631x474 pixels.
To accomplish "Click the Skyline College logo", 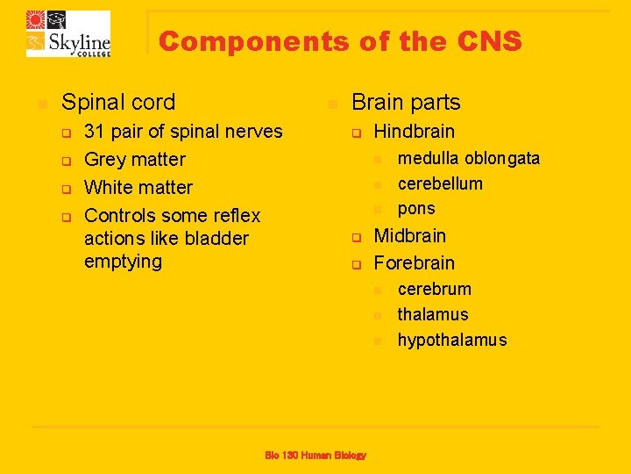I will (x=68, y=33).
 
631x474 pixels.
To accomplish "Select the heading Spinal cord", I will (x=118, y=102).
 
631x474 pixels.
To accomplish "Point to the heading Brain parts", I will (x=406, y=102).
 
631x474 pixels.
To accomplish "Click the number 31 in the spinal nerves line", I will (x=95, y=132).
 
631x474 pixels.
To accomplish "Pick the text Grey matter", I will (x=135, y=160).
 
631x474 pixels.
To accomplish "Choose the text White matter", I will (x=138, y=188).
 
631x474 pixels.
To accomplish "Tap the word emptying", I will (x=123, y=262).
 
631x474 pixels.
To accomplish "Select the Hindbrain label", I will (x=415, y=132).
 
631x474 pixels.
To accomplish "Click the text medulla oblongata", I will (x=469, y=159).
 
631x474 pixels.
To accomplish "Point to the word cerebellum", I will (x=440, y=183).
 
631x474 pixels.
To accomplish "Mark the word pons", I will (x=416, y=209).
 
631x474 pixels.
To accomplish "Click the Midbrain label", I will (x=410, y=236).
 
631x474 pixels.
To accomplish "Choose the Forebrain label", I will (x=415, y=263).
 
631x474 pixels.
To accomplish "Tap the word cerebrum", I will (x=435, y=290).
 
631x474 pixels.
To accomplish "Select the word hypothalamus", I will (x=452, y=341).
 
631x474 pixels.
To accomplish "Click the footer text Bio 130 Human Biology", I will (x=315, y=455).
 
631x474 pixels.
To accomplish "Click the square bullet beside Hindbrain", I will (x=357, y=133).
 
